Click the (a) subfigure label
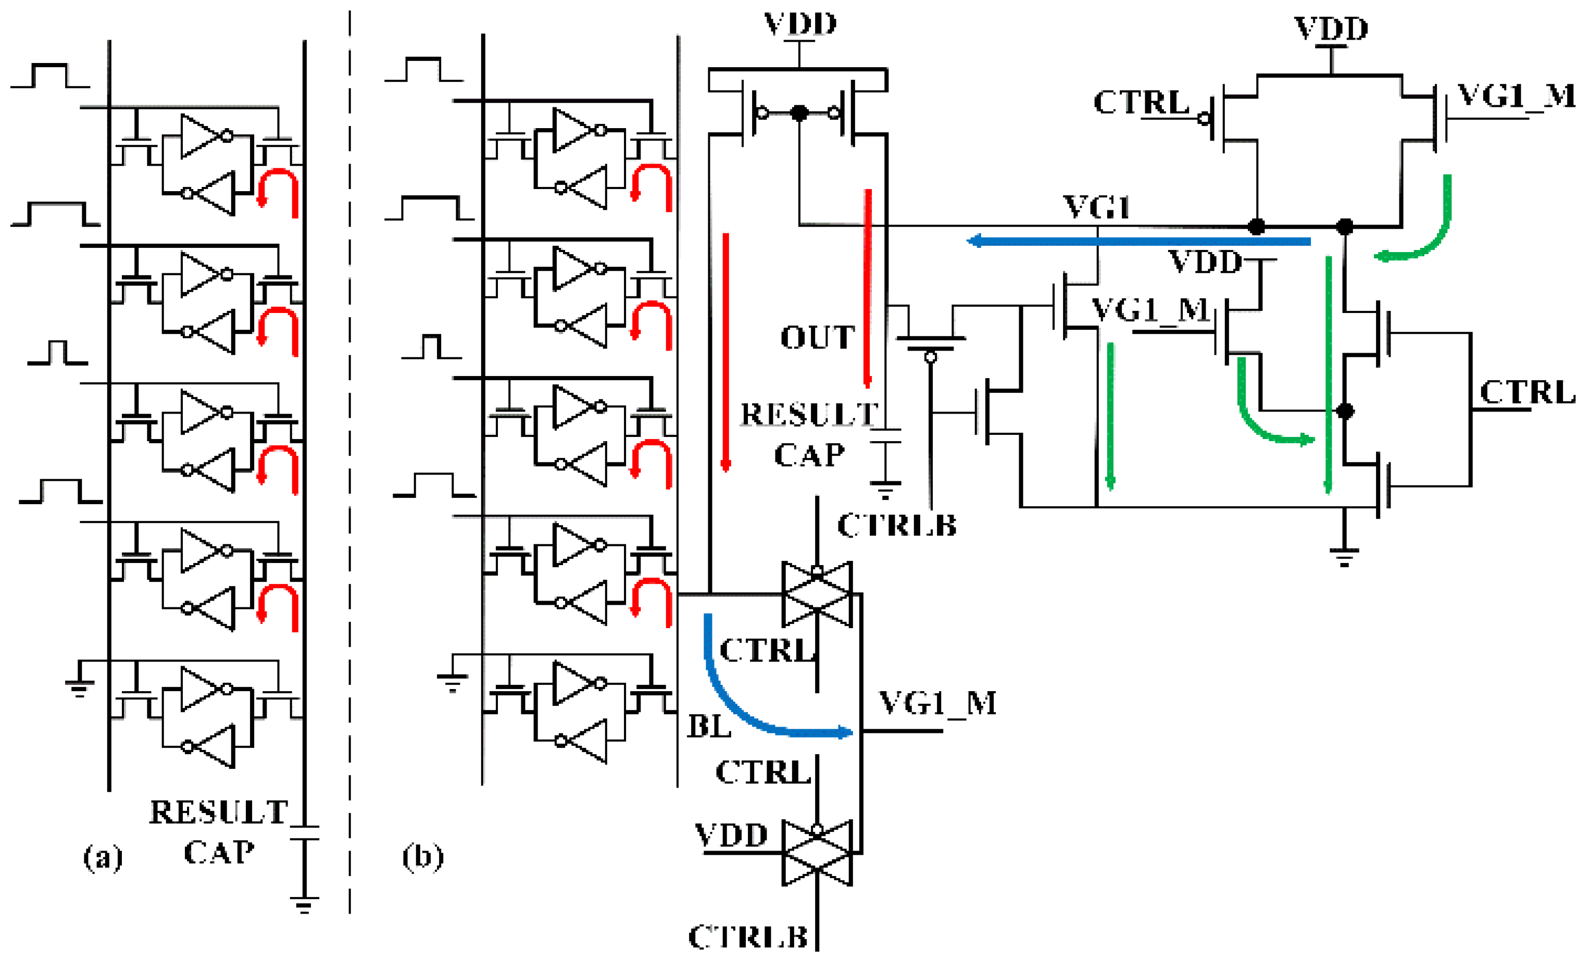click(x=103, y=858)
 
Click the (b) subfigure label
click(x=423, y=856)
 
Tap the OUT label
click(x=818, y=338)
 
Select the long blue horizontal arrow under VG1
click(x=1139, y=241)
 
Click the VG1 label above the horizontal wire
click(x=1096, y=208)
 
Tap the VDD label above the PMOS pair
click(x=800, y=24)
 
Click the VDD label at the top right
click(x=1331, y=29)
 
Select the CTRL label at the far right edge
click(x=1527, y=392)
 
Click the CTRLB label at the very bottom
click(x=748, y=937)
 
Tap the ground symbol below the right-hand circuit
click(x=1344, y=556)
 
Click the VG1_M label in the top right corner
click(x=1516, y=96)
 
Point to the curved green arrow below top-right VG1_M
click(x=1423, y=226)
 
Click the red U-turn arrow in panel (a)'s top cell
click(x=278, y=191)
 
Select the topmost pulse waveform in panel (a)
click(x=51, y=76)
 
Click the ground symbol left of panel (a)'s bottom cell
click(x=79, y=688)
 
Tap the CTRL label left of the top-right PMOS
click(x=1141, y=102)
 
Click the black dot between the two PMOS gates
click(x=799, y=114)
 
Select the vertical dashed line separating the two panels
click(x=350, y=452)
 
